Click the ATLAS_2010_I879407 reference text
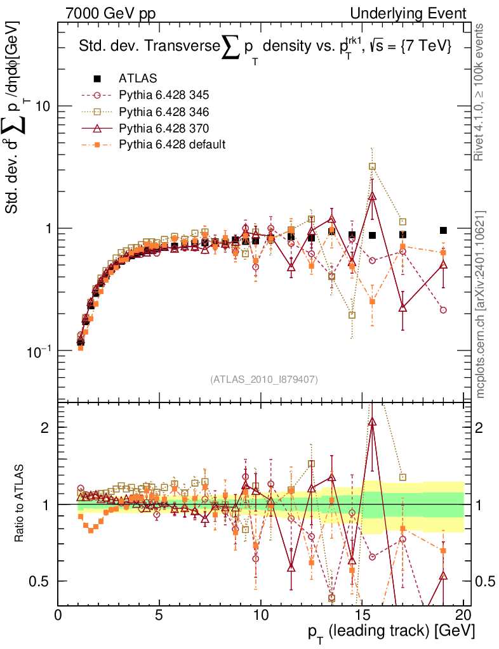(x=264, y=380)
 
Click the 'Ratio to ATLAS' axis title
(x=21, y=503)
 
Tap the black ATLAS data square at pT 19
(x=443, y=231)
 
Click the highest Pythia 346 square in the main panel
(x=372, y=167)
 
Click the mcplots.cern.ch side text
(x=481, y=305)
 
